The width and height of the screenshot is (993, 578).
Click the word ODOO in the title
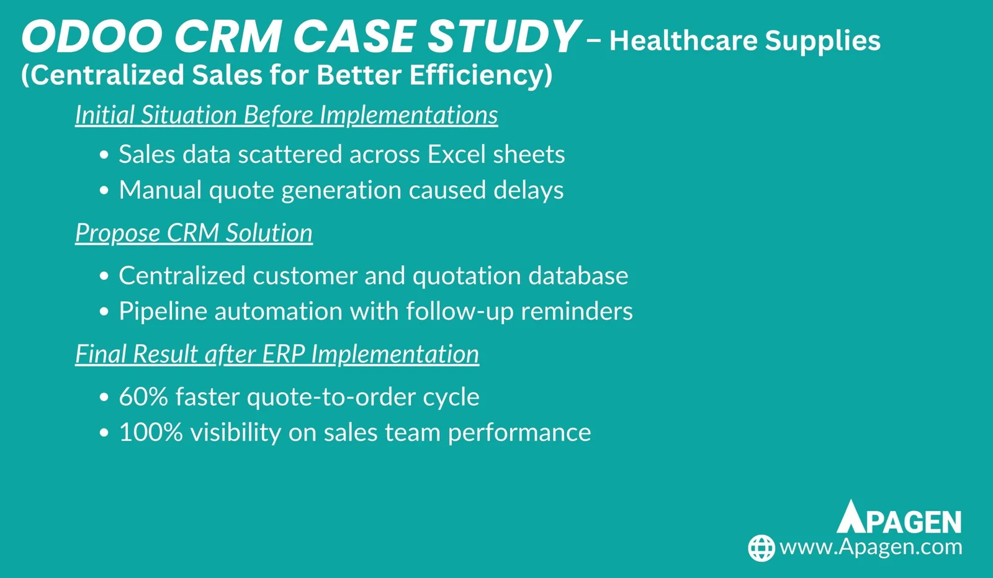pos(92,37)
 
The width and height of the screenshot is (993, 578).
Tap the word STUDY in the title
pos(504,37)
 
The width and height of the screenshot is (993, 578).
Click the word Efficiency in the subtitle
pos(480,75)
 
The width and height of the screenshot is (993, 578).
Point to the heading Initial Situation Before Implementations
pos(286,114)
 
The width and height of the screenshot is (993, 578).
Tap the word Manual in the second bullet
pos(160,189)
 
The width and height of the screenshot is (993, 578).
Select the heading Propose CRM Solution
pos(194,232)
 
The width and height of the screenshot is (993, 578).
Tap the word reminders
pos(577,310)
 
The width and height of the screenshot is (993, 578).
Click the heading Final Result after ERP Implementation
pos(277,354)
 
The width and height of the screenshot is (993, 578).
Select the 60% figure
pos(143,396)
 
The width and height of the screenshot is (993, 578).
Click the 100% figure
pos(151,432)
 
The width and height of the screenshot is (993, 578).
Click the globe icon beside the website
pos(761,548)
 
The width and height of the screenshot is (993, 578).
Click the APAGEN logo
pos(899,517)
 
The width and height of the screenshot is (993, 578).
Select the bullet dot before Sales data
pos(104,155)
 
